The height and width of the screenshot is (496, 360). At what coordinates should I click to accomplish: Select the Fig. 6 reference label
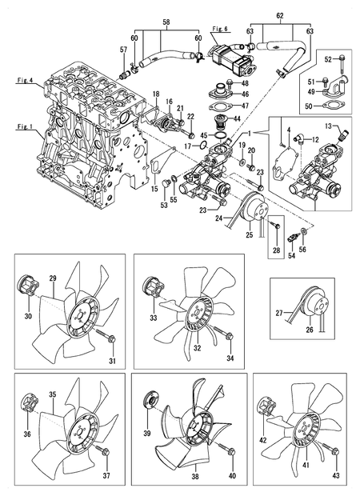(x=220, y=30)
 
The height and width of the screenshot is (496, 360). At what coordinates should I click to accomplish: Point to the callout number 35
(x=52, y=394)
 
